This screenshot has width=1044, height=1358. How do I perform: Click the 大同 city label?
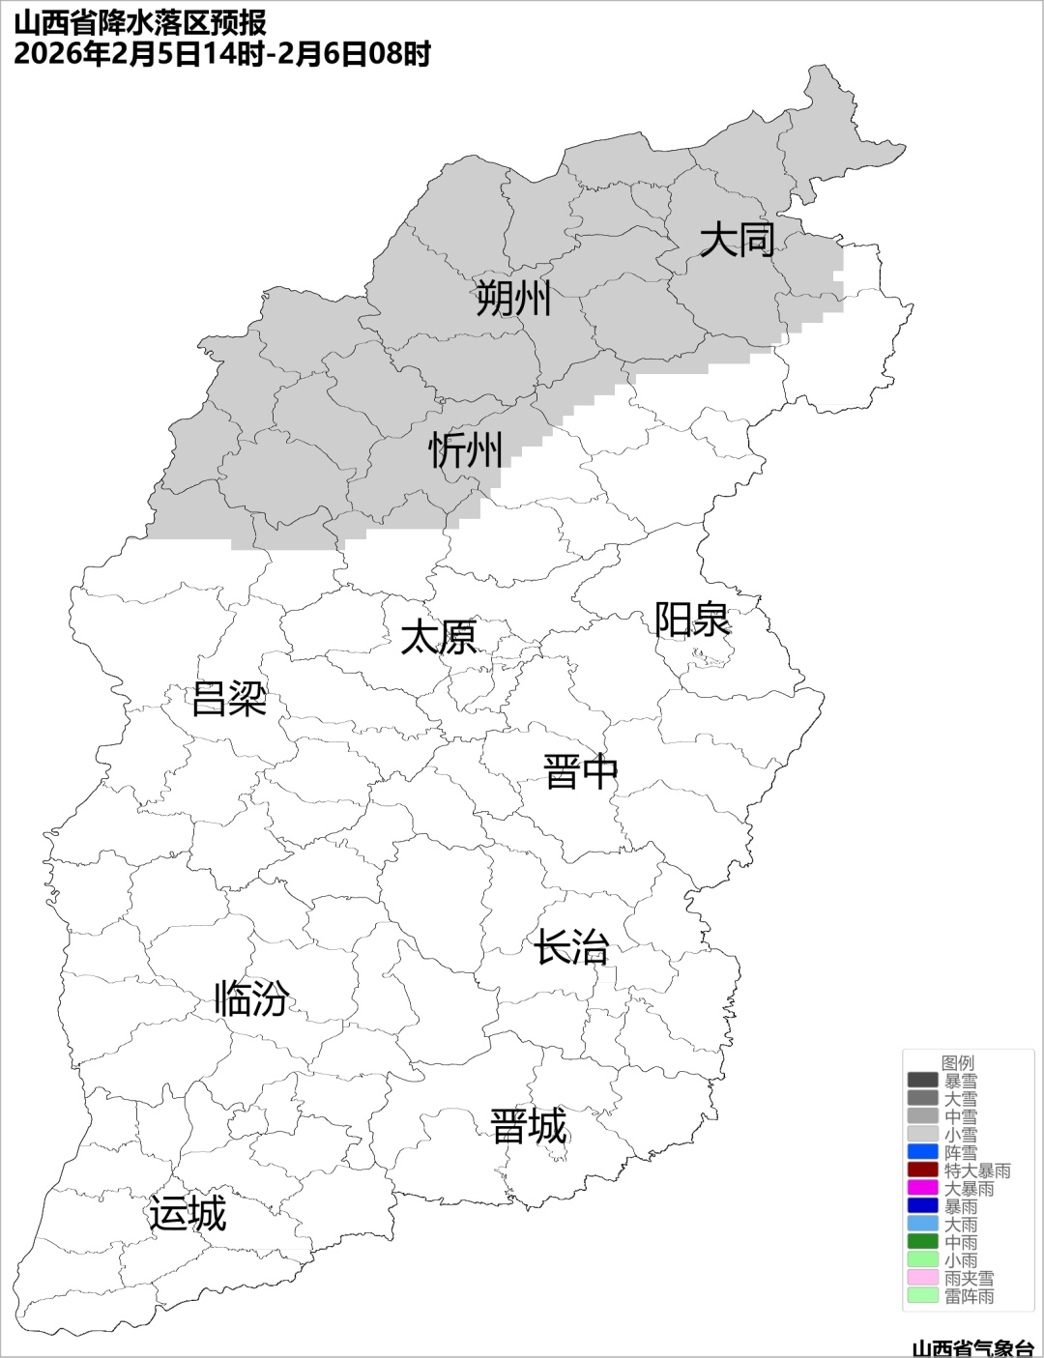[737, 239]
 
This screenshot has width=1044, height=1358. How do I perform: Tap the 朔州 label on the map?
[513, 298]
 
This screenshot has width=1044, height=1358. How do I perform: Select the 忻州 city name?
[466, 449]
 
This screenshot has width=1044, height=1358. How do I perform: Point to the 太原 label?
[439, 638]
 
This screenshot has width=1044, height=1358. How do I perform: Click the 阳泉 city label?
[692, 620]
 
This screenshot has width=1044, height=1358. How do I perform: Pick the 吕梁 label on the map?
[229, 698]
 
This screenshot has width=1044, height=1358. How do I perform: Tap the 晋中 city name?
[580, 772]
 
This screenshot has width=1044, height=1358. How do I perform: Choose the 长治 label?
[571, 947]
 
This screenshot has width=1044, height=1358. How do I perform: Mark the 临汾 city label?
[251, 997]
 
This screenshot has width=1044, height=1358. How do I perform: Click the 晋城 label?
[528, 1127]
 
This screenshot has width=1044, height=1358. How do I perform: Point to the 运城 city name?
[188, 1213]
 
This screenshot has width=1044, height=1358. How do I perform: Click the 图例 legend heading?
[958, 1062]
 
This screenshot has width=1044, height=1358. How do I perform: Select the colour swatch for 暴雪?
[923, 1081]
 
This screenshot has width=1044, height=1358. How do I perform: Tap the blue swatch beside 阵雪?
[923, 1152]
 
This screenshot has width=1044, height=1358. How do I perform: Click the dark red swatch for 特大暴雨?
[923, 1170]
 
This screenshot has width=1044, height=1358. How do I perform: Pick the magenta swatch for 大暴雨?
[923, 1188]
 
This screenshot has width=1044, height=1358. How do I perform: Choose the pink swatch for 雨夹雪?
[923, 1278]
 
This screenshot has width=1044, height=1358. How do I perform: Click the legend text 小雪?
[961, 1135]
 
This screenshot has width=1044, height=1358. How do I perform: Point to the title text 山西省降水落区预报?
[141, 22]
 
